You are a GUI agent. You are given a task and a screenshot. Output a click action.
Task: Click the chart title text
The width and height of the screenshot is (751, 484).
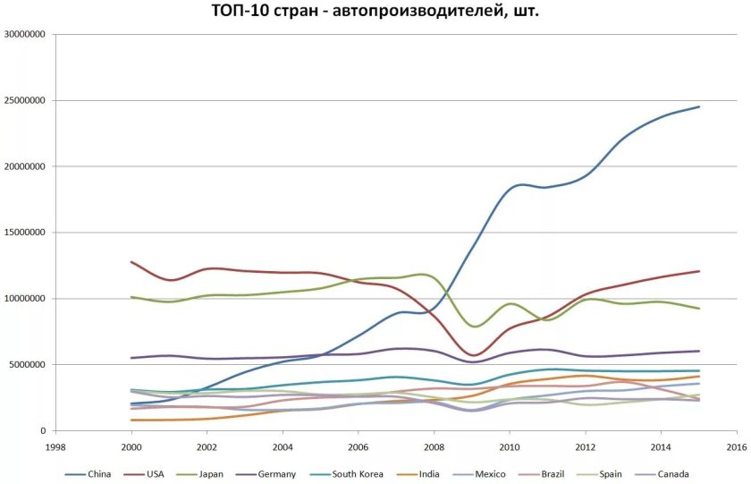click(x=375, y=13)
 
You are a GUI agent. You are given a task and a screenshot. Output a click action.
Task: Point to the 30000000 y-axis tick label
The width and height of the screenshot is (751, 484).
click(x=26, y=35)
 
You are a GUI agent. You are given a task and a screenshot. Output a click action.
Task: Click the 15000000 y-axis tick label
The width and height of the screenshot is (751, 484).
click(x=26, y=233)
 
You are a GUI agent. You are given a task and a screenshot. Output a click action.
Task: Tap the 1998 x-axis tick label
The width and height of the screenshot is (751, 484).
click(x=55, y=446)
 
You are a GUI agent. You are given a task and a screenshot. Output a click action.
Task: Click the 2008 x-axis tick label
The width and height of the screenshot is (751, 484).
click(x=435, y=446)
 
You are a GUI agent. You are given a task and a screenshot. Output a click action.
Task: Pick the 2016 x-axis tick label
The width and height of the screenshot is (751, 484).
click(x=737, y=446)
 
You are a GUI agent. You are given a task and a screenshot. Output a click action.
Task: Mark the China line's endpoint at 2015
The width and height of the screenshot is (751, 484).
click(x=699, y=106)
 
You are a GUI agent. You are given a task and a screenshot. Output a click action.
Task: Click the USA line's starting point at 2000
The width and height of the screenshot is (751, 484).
click(x=131, y=262)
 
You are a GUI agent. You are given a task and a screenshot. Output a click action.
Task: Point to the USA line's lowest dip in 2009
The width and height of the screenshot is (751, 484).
click(x=472, y=355)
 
